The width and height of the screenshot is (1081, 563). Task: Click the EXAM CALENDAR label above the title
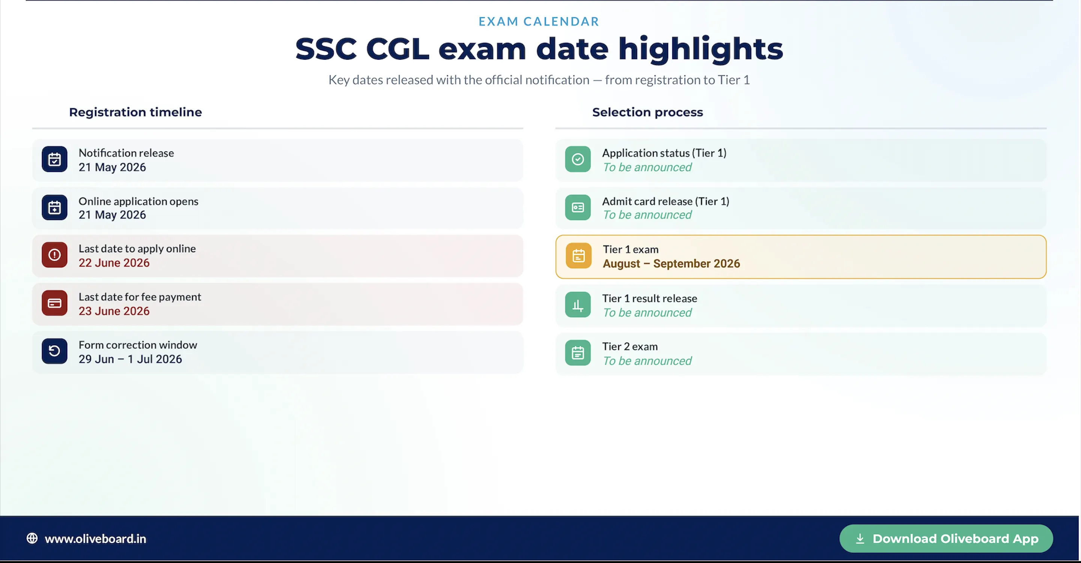[539, 21]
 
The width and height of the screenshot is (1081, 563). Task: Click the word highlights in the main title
[700, 50]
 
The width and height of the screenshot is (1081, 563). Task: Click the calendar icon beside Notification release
[54, 159]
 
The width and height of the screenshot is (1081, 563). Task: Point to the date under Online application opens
[113, 215]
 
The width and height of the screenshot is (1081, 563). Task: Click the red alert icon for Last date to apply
[54, 254]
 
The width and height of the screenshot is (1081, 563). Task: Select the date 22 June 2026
[114, 263]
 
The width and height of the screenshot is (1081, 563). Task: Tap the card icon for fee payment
[54, 303]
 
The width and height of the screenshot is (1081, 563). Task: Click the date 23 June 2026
[114, 311]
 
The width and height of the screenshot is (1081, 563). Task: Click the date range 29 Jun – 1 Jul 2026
[131, 359]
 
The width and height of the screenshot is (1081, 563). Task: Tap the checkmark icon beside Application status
[578, 159]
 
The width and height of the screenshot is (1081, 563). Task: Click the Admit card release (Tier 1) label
[665, 202]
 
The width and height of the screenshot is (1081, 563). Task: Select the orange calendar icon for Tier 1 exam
[579, 256]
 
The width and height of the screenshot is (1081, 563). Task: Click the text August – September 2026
[671, 263]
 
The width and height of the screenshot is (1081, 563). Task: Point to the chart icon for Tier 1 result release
[578, 304]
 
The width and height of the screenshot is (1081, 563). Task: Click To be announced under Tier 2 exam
[647, 361]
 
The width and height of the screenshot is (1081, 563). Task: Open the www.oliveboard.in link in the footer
[95, 539]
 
